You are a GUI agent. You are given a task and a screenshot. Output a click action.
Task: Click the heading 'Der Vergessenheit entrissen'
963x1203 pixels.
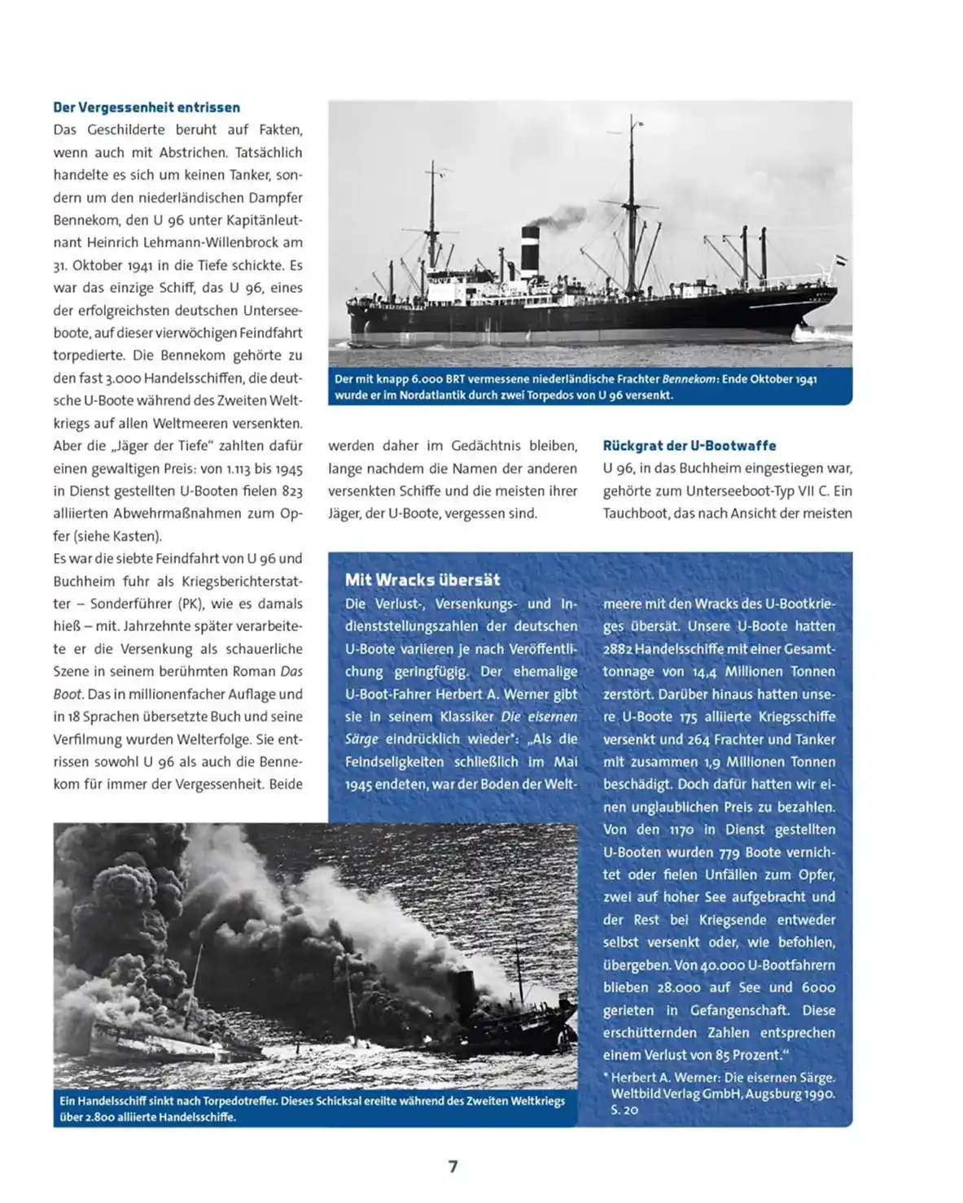click(x=147, y=107)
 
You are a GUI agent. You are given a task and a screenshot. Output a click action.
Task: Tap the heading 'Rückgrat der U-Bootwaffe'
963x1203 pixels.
click(x=689, y=446)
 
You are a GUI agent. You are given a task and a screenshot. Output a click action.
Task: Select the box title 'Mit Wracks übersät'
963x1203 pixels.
click(x=422, y=580)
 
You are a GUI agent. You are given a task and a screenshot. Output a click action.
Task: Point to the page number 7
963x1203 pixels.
click(x=453, y=1166)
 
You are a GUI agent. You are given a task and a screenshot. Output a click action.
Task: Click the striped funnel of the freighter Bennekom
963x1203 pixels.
click(x=530, y=249)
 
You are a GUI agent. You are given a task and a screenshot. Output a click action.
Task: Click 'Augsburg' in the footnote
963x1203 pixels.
click(x=772, y=1094)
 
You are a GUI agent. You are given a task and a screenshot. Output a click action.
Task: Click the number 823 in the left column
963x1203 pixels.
click(x=291, y=491)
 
